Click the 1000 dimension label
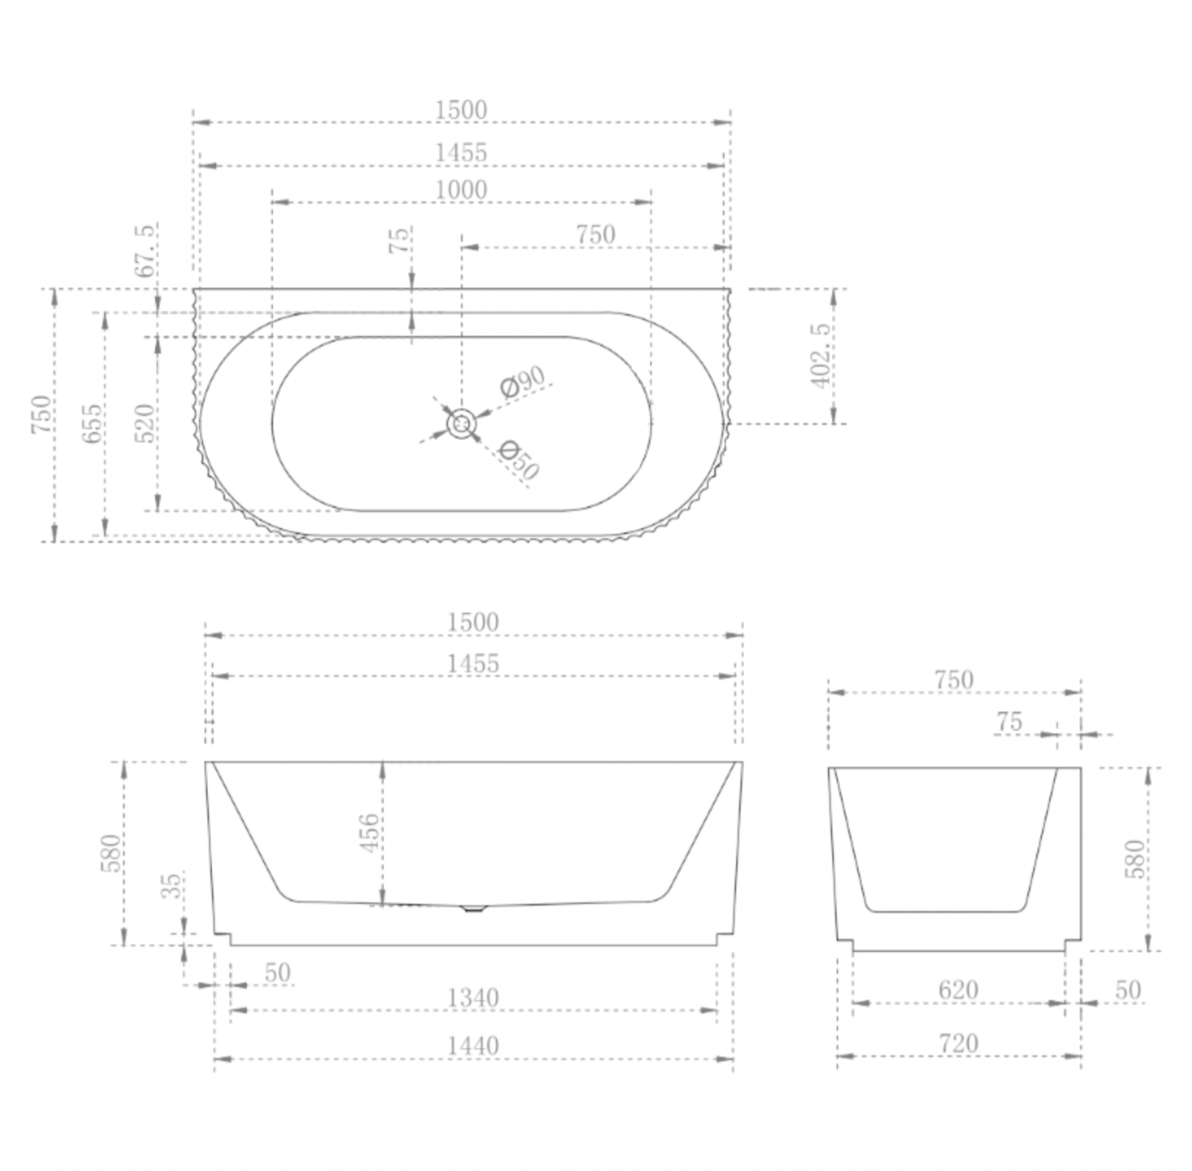click(x=461, y=190)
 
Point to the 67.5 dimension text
click(x=146, y=251)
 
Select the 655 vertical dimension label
click(x=92, y=423)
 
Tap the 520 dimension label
click(x=144, y=423)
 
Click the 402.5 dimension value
click(x=820, y=355)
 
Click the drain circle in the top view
click(x=462, y=424)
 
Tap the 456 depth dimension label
click(x=369, y=833)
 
